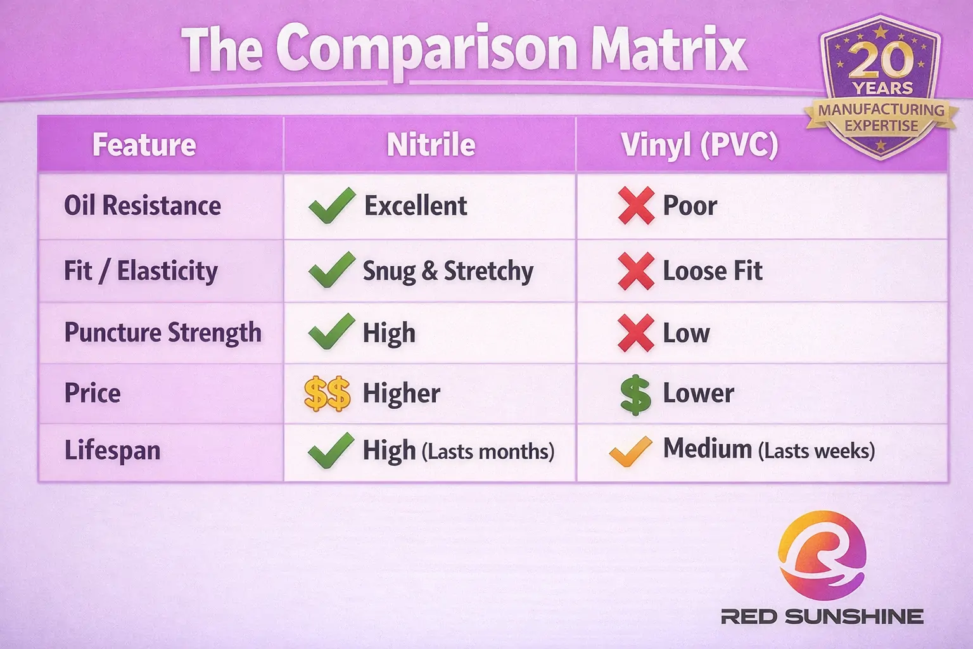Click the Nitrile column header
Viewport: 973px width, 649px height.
tap(431, 145)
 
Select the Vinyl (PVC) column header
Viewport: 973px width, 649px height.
tap(699, 145)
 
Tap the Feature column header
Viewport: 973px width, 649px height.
tap(144, 145)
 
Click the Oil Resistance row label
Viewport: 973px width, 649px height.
tap(143, 206)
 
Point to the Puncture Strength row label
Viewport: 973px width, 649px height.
tap(163, 333)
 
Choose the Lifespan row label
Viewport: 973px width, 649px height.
tap(112, 451)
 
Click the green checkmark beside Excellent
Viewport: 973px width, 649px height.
tap(331, 206)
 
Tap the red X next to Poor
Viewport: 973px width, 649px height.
tap(636, 206)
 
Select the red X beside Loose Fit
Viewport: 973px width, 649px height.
tap(636, 271)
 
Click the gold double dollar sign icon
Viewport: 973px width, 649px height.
tap(327, 394)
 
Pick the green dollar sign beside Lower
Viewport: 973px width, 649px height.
tap(635, 394)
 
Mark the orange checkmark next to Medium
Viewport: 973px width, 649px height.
tap(630, 451)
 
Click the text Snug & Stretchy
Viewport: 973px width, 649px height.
tap(448, 271)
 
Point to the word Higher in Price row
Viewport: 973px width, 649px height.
tap(401, 394)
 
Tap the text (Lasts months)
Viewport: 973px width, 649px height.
tap(488, 452)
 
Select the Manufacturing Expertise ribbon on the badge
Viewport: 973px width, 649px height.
tap(881, 117)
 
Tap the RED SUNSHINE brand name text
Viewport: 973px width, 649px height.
tap(822, 616)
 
